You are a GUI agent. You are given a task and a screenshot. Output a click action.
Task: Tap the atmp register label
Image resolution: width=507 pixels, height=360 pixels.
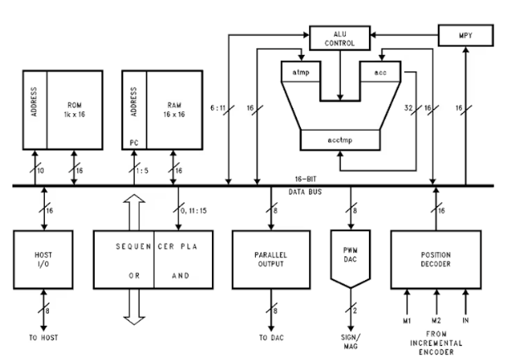(300, 73)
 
